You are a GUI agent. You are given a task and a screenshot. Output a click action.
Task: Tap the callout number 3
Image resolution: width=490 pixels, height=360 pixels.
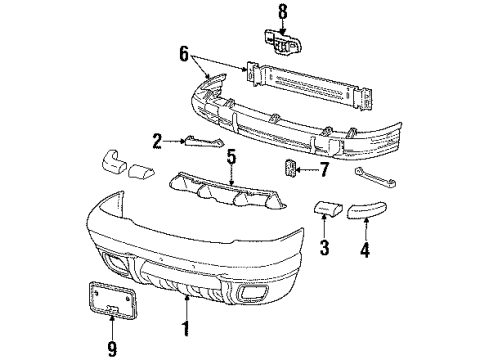click(324, 246)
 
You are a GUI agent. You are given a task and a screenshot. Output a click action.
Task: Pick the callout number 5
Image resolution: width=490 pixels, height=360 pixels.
click(230, 158)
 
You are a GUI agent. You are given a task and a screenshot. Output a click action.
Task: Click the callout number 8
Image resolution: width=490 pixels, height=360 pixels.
click(283, 12)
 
